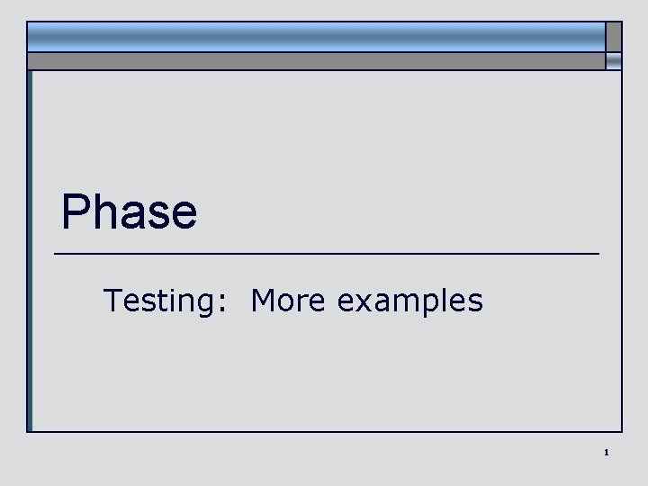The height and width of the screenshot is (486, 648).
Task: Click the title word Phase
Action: pyautogui.click(x=129, y=212)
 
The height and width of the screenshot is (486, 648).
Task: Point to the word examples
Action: pyautogui.click(x=409, y=301)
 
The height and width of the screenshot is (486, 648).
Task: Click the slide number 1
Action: pyautogui.click(x=607, y=452)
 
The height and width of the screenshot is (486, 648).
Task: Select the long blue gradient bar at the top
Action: pyautogui.click(x=315, y=36)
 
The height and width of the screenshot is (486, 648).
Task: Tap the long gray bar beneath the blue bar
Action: pyautogui.click(x=315, y=60)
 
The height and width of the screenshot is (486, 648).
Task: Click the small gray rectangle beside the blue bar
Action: pyautogui.click(x=613, y=36)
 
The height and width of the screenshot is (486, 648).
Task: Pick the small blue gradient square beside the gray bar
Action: pyautogui.click(x=613, y=60)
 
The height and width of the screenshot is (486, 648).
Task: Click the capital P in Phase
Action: pyautogui.click(x=76, y=212)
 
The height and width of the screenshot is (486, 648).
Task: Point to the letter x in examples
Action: pyautogui.click(x=364, y=302)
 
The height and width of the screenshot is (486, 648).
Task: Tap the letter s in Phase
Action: pyautogui.click(x=158, y=216)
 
